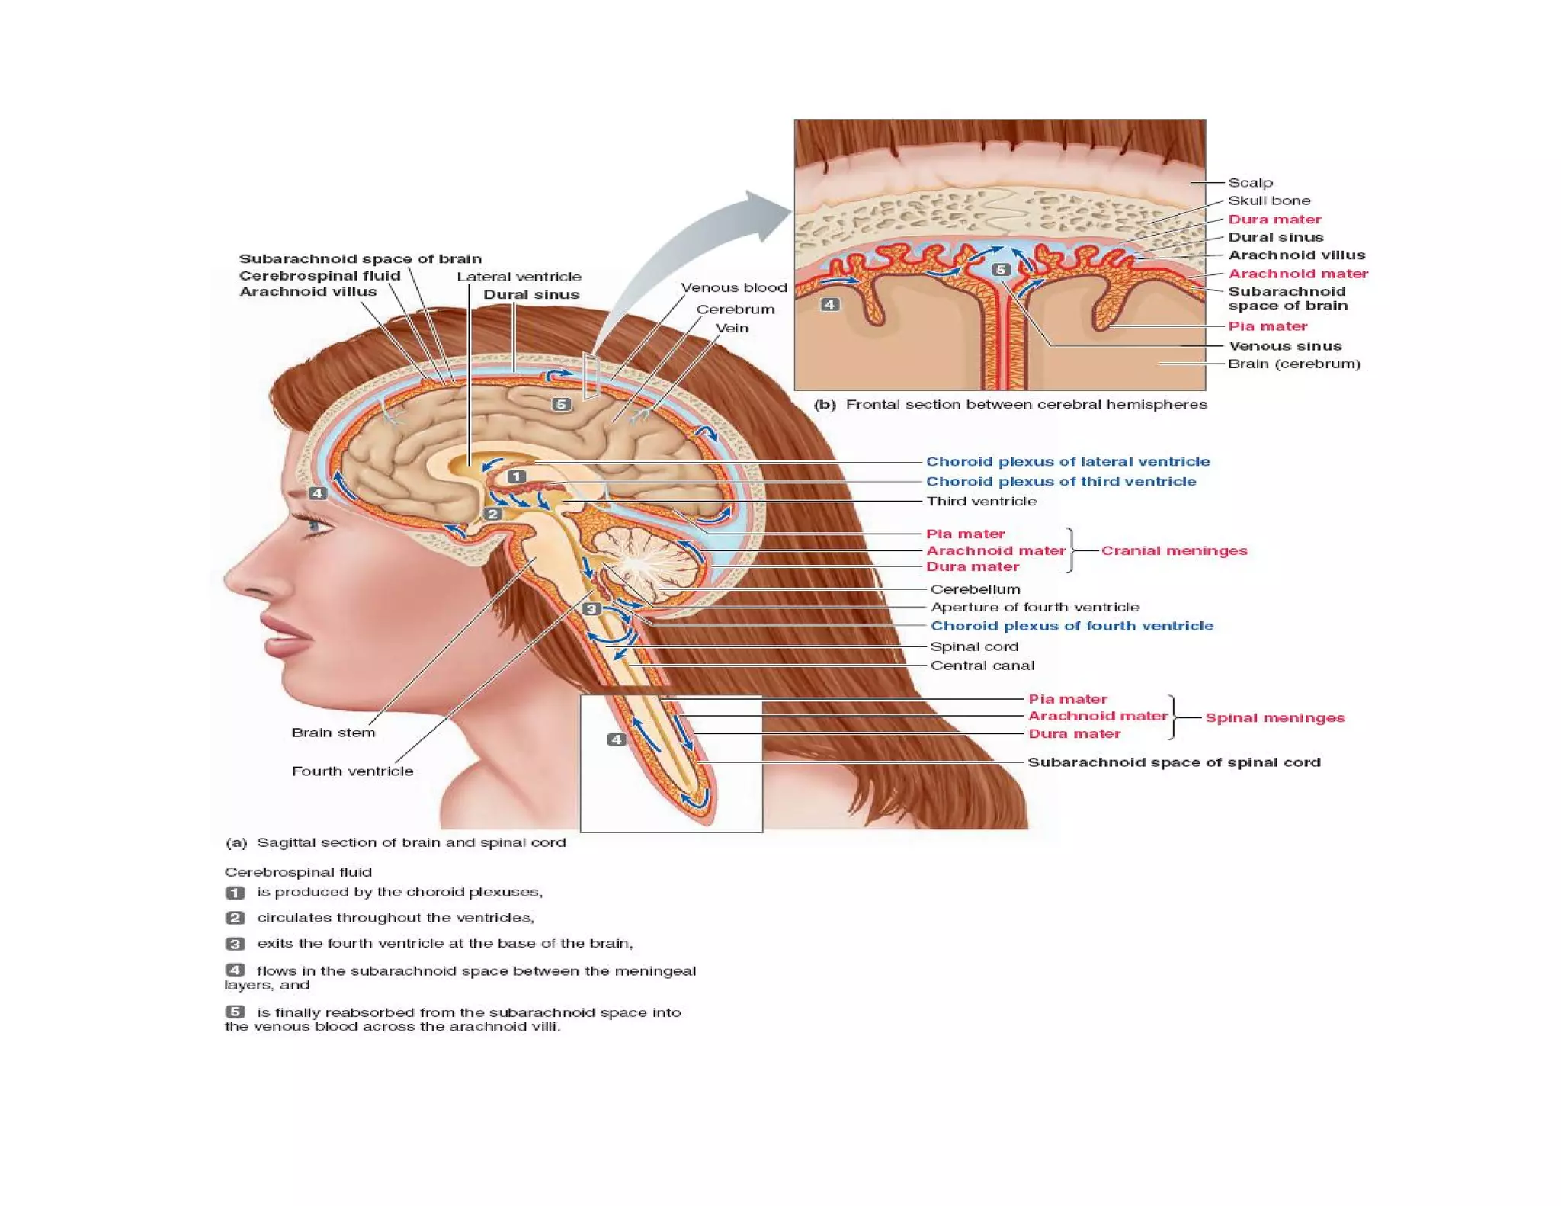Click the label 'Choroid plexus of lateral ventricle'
(1067, 461)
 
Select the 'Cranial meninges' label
(1174, 550)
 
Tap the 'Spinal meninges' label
(1274, 717)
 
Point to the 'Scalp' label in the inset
(1250, 182)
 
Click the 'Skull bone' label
(1269, 200)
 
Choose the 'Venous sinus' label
(1284, 345)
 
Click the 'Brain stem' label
(333, 733)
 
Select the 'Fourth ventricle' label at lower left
(352, 771)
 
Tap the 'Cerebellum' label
(975, 589)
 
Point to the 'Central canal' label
(982, 665)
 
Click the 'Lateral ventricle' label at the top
(518, 277)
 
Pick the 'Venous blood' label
(733, 287)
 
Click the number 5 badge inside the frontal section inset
(1001, 269)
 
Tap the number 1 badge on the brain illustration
(516, 476)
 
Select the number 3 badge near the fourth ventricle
(591, 608)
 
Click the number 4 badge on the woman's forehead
(317, 493)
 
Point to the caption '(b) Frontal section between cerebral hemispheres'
(1010, 404)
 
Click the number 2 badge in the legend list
(235, 918)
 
